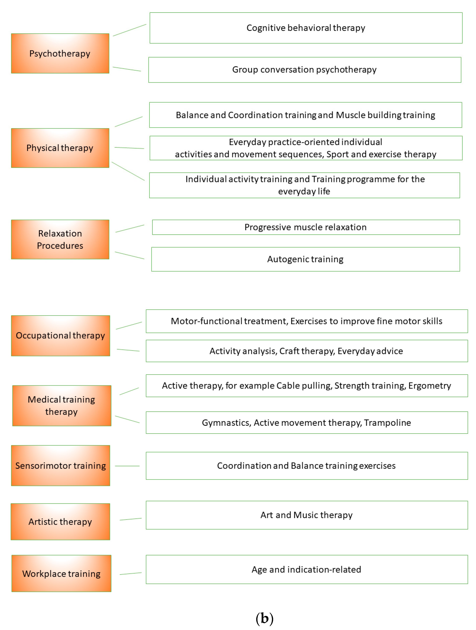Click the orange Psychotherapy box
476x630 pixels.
coord(60,54)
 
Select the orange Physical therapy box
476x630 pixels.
coord(60,148)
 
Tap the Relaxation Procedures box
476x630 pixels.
coord(60,240)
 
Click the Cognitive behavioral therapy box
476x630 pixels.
coord(306,28)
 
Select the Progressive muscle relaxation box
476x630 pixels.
coord(306,227)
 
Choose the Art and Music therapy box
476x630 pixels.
coord(307,515)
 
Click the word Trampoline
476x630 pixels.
coord(388,423)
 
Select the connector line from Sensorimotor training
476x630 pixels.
coord(127,466)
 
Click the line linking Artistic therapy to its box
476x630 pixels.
coord(131,519)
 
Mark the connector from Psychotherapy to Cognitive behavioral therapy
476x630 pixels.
coord(129,30)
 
